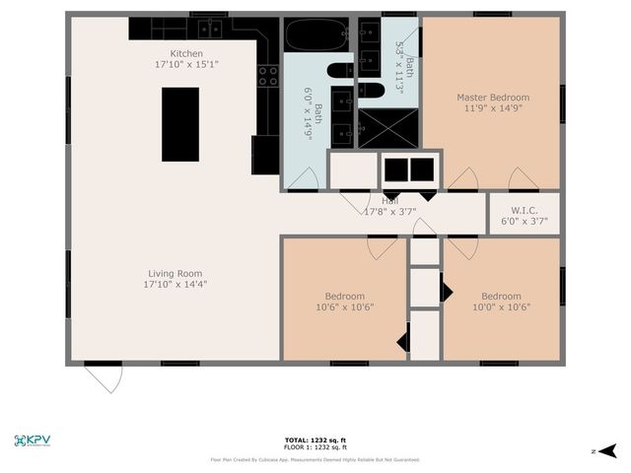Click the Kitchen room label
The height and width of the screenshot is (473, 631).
pyautogui.click(x=186, y=53)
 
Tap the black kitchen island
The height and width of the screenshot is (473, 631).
pyautogui.click(x=179, y=124)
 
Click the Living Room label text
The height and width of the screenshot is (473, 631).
pyautogui.click(x=176, y=273)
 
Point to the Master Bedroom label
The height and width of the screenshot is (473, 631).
pyautogui.click(x=492, y=98)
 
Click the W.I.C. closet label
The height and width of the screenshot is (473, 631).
pyautogui.click(x=524, y=209)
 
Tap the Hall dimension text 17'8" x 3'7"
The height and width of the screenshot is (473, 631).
pyautogui.click(x=390, y=212)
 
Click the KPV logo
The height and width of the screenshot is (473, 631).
pyautogui.click(x=33, y=440)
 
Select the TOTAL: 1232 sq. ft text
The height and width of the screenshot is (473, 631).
pyautogui.click(x=315, y=439)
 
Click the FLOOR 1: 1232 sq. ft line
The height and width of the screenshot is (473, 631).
pyautogui.click(x=315, y=447)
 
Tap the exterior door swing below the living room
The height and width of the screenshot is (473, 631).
pyautogui.click(x=103, y=377)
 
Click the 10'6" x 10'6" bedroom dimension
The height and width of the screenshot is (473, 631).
pyautogui.click(x=344, y=306)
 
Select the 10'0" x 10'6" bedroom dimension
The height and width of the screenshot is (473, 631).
pyautogui.click(x=500, y=306)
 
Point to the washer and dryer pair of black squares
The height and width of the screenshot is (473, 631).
pyautogui.click(x=408, y=169)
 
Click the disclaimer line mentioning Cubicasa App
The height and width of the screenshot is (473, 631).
pyautogui.click(x=315, y=459)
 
